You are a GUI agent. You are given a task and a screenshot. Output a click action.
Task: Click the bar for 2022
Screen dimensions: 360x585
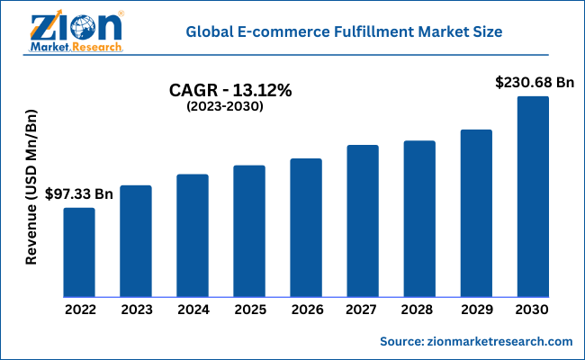[x=78, y=252]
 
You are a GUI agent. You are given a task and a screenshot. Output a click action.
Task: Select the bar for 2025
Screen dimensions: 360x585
[x=249, y=231]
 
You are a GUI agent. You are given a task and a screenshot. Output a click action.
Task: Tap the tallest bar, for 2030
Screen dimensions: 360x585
[x=533, y=196]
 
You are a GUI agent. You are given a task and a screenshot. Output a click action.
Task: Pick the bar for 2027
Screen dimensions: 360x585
[x=363, y=220]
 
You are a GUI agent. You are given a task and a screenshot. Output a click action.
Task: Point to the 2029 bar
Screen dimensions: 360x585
[x=476, y=213]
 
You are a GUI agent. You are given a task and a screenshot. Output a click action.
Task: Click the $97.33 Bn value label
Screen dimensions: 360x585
[x=80, y=193]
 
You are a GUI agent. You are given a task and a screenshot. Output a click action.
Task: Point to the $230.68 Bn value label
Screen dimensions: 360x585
[x=535, y=82]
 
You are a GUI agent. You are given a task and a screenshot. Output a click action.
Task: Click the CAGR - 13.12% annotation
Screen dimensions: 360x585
[x=231, y=91]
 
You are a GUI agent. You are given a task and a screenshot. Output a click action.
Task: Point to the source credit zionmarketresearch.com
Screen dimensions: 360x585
[x=476, y=342]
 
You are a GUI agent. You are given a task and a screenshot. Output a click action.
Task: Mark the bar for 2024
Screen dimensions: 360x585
[x=193, y=236]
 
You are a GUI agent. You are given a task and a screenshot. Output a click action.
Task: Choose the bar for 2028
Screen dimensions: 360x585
[x=419, y=219]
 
